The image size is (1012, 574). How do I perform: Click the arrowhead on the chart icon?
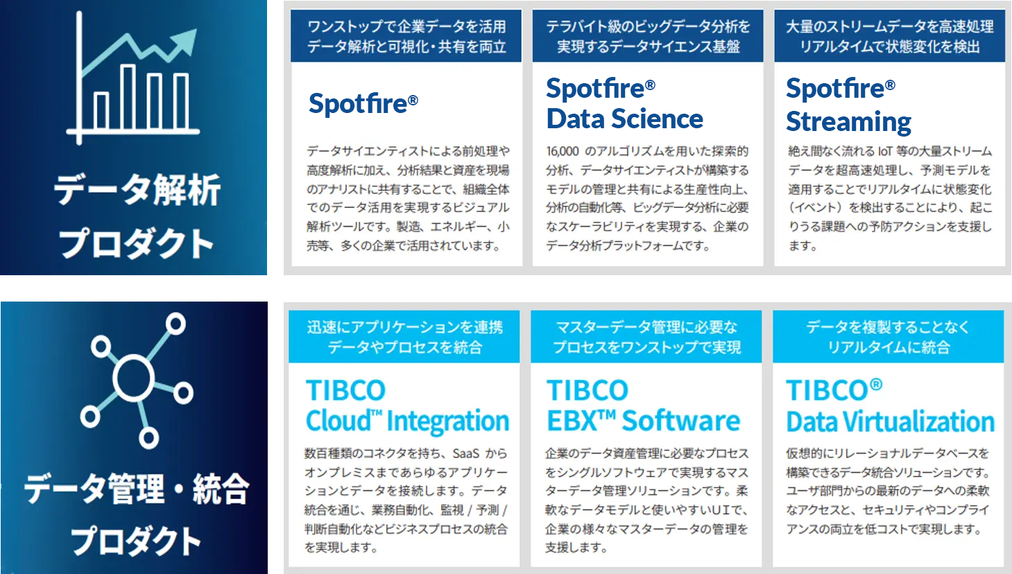(186, 41)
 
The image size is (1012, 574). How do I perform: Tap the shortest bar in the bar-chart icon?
(101, 111)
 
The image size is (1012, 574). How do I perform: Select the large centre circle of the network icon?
(134, 378)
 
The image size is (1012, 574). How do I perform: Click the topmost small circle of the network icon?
(175, 324)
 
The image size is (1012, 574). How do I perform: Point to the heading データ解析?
(137, 191)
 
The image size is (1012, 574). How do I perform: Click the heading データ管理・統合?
(137, 489)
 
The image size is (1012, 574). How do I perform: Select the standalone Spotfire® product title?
(363, 103)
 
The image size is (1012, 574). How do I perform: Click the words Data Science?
(625, 119)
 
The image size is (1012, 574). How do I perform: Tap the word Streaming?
(848, 122)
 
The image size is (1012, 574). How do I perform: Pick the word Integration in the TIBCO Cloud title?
(448, 421)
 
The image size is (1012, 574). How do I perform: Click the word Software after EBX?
(681, 421)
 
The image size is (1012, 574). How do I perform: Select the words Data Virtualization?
(891, 421)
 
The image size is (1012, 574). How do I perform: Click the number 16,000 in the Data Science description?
(563, 151)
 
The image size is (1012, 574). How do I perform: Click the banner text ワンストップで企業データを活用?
(406, 26)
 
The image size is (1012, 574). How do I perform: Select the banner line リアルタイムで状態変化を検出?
(889, 46)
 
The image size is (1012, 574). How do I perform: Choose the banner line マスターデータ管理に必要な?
(646, 327)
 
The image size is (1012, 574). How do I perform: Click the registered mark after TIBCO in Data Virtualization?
(875, 385)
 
